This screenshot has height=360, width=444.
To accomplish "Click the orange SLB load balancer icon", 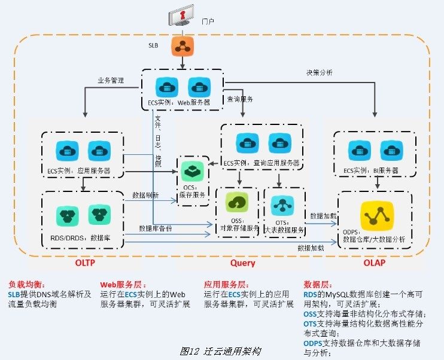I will click(181, 46).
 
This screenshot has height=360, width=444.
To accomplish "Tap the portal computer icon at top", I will click(182, 16).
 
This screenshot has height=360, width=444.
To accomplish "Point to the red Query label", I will click(242, 263).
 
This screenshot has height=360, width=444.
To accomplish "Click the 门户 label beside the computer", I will click(208, 21).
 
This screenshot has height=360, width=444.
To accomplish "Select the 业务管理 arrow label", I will click(111, 80).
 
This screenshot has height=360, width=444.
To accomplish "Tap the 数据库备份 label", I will click(157, 228).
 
